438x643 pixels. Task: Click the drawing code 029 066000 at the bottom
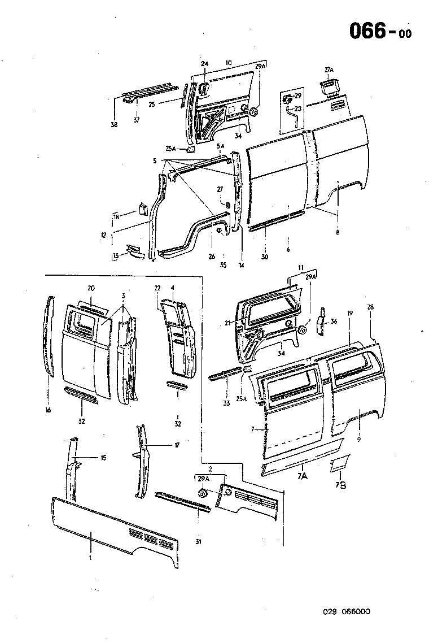click(347, 611)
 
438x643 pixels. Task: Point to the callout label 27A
click(329, 69)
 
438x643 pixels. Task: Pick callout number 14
click(241, 264)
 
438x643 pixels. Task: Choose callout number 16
click(48, 410)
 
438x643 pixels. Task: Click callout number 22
click(158, 288)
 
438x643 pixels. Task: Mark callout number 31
click(199, 543)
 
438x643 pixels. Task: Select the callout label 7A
click(302, 476)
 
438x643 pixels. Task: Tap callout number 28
click(370, 307)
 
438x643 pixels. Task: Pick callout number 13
click(115, 255)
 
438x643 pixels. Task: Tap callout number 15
click(103, 457)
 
